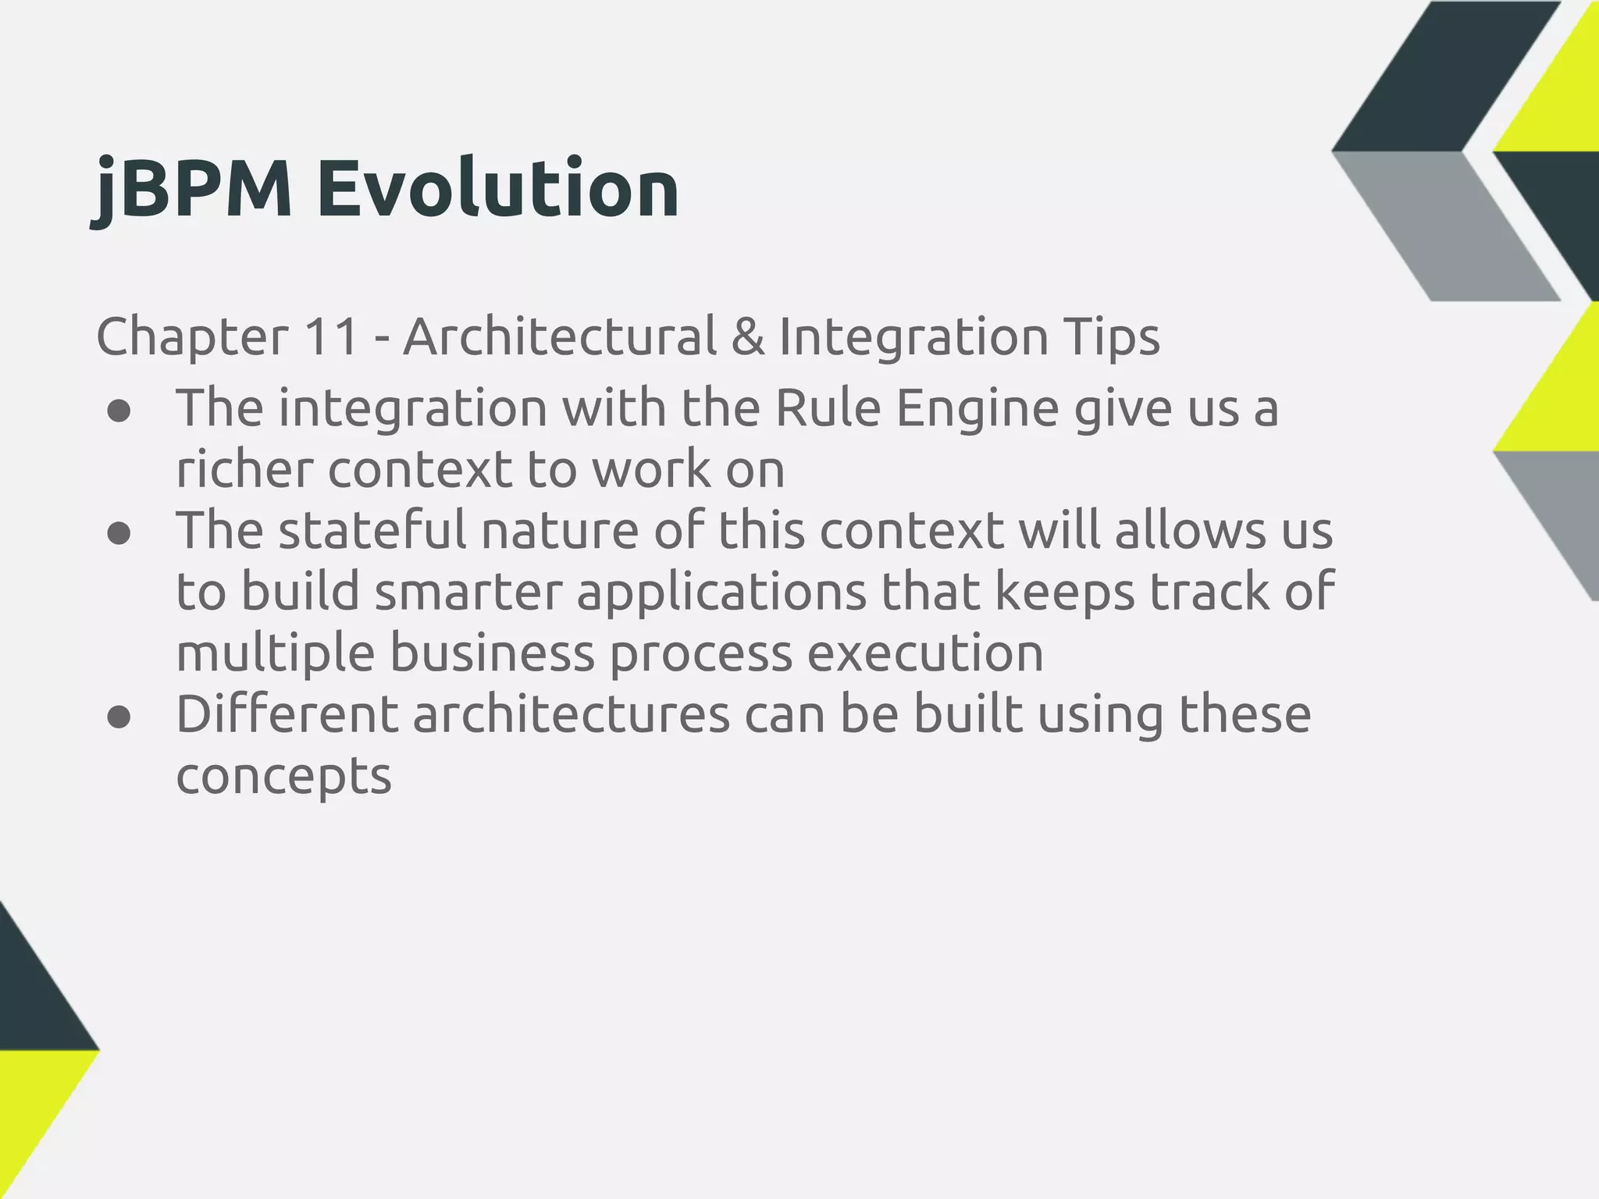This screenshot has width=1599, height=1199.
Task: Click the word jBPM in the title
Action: pyautogui.click(x=192, y=189)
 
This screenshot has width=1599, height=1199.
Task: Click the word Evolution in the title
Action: pyautogui.click(x=497, y=189)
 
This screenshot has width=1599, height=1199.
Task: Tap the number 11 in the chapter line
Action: pyautogui.click(x=331, y=337)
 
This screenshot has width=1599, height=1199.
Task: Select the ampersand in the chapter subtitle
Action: pyautogui.click(x=748, y=337)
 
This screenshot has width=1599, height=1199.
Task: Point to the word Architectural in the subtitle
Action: pyautogui.click(x=559, y=337)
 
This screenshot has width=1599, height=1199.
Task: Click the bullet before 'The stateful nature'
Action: pyautogui.click(x=119, y=534)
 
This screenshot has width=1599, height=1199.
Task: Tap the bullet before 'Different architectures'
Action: pyautogui.click(x=119, y=717)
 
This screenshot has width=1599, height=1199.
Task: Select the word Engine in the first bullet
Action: pyautogui.click(x=978, y=409)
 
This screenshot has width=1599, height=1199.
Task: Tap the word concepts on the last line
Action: pyautogui.click(x=283, y=777)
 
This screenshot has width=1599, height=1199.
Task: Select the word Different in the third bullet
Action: pyautogui.click(x=288, y=715)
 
